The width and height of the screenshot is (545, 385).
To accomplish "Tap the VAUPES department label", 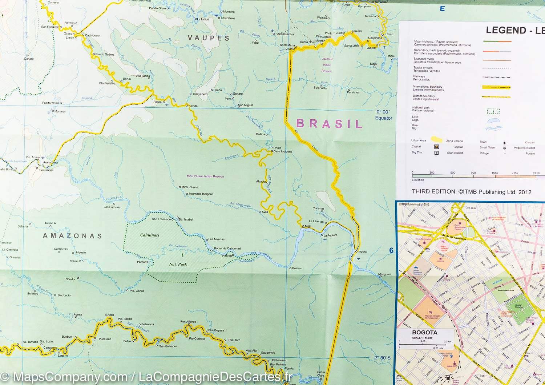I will (x=209, y=38).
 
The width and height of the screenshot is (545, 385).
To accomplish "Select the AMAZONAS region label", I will (x=72, y=236).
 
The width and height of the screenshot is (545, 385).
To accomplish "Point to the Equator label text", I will (x=384, y=118).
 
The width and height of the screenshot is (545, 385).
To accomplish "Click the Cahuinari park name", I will (x=150, y=235).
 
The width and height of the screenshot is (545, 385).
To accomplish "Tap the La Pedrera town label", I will (x=330, y=235).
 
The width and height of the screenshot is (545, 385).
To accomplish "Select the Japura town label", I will (x=362, y=251).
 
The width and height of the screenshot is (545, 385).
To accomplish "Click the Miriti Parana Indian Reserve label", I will (x=205, y=176).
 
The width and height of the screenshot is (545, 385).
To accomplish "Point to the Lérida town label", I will (x=193, y=106).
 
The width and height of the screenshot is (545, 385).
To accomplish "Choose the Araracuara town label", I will (x=51, y=163).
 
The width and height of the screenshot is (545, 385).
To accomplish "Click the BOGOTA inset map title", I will (x=425, y=333).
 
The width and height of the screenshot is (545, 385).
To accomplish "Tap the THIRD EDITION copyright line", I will (x=471, y=192).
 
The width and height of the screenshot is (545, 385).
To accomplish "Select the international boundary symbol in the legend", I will (x=496, y=87).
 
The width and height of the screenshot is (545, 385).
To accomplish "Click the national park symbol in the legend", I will (x=493, y=111).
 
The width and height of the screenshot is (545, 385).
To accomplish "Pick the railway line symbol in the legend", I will (x=496, y=77).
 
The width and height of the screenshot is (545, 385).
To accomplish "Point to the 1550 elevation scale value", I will (x=494, y=173).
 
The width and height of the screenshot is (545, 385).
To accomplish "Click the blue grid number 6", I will (x=391, y=250).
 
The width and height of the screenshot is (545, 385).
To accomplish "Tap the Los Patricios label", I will (x=112, y=207).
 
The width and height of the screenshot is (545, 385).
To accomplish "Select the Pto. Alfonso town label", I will (x=188, y=322).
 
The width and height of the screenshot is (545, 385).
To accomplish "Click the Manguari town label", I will (x=384, y=274).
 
